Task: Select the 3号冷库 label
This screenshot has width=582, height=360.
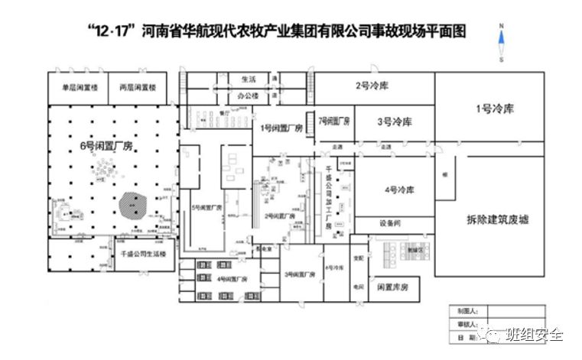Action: (395, 122)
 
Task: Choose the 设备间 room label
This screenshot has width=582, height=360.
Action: (389, 224)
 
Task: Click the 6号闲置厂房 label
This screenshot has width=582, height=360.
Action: (106, 145)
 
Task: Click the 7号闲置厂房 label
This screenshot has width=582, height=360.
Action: (334, 121)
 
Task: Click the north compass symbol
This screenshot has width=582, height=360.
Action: (501, 41)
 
